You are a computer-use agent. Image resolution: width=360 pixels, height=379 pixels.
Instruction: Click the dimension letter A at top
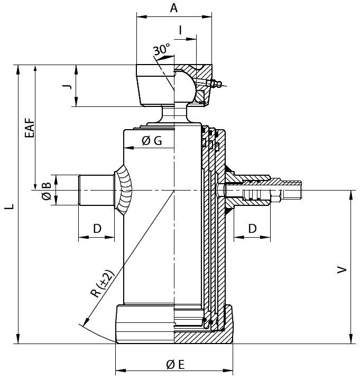pyautogui.click(x=174, y=8)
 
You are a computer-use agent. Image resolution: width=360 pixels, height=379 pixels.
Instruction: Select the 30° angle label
pyautogui.click(x=162, y=50)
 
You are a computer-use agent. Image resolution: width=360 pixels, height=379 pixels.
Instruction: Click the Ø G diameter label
pyautogui.click(x=151, y=140)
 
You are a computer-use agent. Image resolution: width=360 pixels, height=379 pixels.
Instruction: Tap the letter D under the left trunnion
pyautogui.click(x=97, y=229)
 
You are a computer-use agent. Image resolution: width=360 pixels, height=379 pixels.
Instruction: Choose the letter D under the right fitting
pyautogui.click(x=253, y=229)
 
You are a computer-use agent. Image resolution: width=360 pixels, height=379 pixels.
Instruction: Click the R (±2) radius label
pyautogui.click(x=102, y=286)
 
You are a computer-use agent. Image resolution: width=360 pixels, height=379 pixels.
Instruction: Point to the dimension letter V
pyautogui.click(x=343, y=270)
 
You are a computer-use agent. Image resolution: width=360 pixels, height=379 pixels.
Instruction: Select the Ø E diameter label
pyautogui.click(x=174, y=364)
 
